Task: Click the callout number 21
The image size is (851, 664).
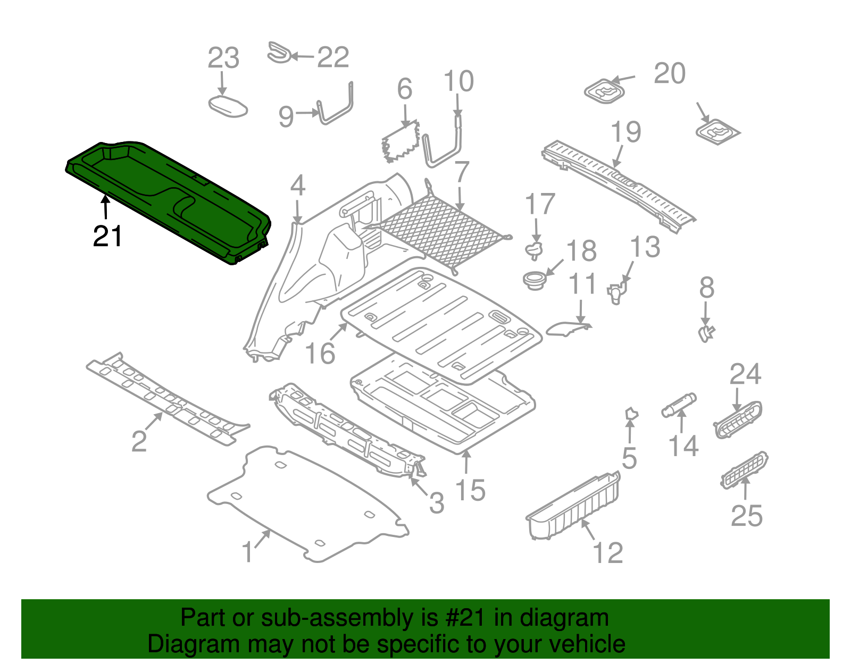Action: [x=107, y=237]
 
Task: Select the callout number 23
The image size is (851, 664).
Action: [x=223, y=58]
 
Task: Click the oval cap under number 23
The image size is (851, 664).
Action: [x=228, y=106]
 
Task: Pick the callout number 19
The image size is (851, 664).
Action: [x=625, y=132]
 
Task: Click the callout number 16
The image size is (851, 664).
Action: [x=320, y=354]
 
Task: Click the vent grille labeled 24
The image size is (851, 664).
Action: [x=738, y=420]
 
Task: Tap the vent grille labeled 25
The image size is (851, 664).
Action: [x=745, y=469]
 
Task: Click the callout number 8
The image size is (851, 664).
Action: [x=706, y=289]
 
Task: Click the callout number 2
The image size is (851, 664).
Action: [x=139, y=441]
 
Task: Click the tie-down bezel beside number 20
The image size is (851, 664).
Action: [x=604, y=92]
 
